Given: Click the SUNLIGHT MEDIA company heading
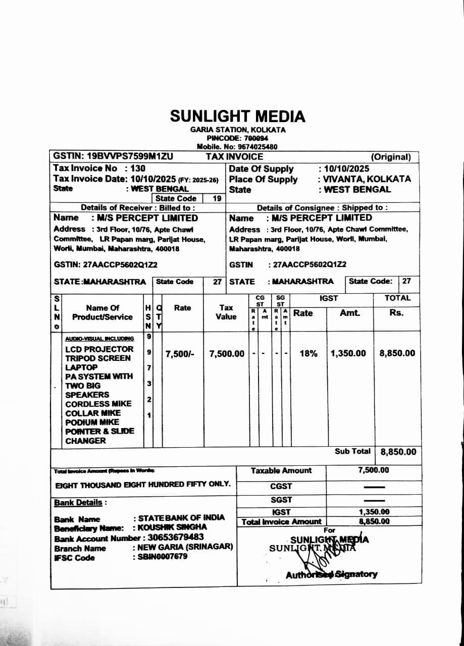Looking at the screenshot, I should [x=237, y=116].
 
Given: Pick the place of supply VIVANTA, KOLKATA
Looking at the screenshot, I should [x=367, y=179].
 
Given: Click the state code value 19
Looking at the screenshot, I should [x=217, y=198].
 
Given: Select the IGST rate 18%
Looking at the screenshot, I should [x=308, y=354].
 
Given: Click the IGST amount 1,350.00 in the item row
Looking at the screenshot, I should [x=348, y=353].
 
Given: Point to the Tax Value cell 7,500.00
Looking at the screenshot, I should [x=227, y=354].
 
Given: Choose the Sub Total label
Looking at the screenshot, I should [x=352, y=451].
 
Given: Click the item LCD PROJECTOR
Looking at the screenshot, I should [x=99, y=349].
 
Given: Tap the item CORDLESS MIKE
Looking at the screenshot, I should [x=98, y=404].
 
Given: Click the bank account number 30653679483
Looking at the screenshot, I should [x=176, y=537].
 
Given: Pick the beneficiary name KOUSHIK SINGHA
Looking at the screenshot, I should [x=172, y=527].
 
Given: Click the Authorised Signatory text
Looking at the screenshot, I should [x=331, y=574].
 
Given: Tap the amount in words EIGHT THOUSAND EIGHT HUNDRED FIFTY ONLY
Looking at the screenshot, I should [x=143, y=484].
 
